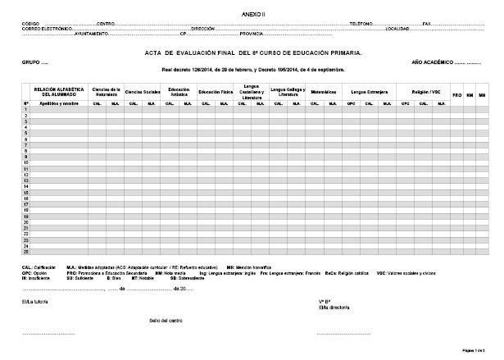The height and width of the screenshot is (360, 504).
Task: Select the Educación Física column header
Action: [216, 92]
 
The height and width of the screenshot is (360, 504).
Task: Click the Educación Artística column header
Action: [179, 92]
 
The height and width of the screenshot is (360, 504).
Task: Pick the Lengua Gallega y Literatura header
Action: [287, 92]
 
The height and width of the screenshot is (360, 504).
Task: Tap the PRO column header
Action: [457, 96]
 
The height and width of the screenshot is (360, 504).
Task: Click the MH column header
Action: [483, 96]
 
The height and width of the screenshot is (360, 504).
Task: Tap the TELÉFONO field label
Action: [361, 24]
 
